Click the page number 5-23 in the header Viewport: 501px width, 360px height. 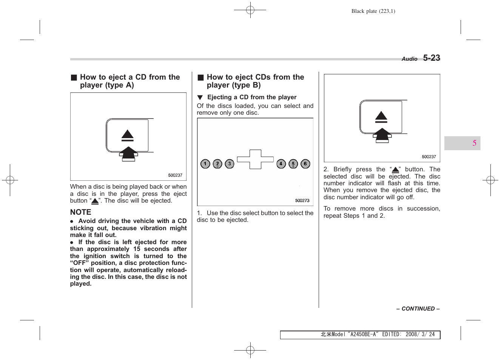[x=431, y=58]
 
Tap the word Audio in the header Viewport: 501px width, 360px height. [x=409, y=59]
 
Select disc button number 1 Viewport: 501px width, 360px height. [x=205, y=164]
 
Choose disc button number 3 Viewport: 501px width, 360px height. [x=230, y=164]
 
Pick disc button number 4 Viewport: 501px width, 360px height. [x=281, y=164]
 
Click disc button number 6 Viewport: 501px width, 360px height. [x=305, y=164]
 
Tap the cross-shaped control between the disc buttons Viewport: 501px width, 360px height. [x=255, y=159]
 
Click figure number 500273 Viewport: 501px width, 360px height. [x=302, y=201]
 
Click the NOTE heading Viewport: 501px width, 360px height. [x=80, y=212]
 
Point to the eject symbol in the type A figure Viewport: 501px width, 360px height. [x=128, y=135]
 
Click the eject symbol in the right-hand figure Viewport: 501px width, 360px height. [x=381, y=117]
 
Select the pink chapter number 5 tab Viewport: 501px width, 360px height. [x=474, y=143]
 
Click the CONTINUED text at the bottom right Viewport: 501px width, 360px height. [x=418, y=309]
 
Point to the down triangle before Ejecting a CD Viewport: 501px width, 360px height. [x=200, y=97]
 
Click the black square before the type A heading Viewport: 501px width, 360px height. [x=74, y=78]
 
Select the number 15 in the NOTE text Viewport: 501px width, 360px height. [x=137, y=249]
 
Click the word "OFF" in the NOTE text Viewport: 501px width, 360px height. [x=79, y=263]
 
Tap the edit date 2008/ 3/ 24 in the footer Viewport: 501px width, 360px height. [x=420, y=335]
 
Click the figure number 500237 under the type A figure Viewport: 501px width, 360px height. [x=175, y=175]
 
